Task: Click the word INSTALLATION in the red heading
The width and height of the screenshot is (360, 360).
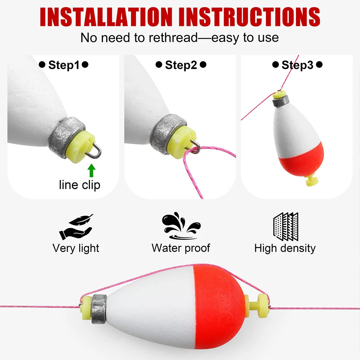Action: coord(106,17)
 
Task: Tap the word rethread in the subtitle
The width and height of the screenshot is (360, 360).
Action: coord(173,37)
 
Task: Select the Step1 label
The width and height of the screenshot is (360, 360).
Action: coord(64,65)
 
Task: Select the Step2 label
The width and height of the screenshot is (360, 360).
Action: coord(181,65)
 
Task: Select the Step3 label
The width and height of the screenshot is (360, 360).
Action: coord(297,65)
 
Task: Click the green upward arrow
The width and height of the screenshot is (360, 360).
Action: coord(91,170)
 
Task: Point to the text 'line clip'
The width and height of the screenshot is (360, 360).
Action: coord(80,185)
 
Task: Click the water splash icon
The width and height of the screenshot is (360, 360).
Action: coord(181,225)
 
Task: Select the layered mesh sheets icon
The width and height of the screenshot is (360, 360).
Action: coord(286,226)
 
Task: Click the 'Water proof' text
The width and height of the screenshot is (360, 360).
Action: coord(181,248)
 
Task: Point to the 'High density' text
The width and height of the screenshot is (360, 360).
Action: coord(285,248)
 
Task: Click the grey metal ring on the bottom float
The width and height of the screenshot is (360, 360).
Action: coord(99,309)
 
